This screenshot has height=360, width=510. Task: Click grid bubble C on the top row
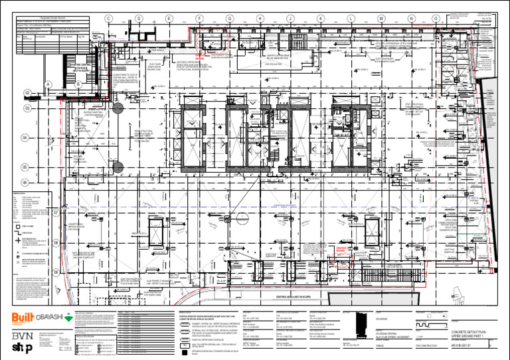108,19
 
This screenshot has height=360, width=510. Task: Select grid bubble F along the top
199,19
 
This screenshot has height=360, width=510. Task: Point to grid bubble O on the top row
436,19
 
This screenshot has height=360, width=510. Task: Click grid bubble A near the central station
48,84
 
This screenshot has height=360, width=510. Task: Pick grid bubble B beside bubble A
78,84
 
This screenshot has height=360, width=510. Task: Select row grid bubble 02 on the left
27,93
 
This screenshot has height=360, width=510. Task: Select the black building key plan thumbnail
357,327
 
